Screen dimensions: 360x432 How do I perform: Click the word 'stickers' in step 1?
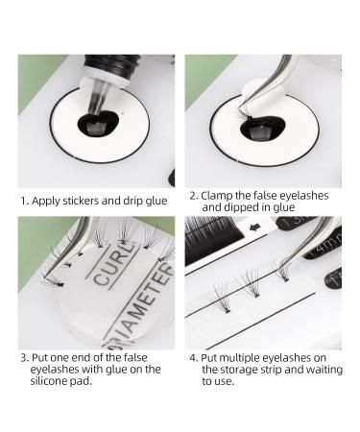81,201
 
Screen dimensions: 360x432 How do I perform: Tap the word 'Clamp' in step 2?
217,196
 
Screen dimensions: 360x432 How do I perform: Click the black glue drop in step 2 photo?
262,129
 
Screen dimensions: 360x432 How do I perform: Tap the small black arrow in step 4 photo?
254,228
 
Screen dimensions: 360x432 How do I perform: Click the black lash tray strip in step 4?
213,238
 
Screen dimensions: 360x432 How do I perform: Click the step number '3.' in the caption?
25,358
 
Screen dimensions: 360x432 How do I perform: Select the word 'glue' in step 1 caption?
156,202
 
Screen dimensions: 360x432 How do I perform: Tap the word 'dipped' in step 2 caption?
245,207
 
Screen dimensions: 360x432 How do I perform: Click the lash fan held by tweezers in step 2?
244,114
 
